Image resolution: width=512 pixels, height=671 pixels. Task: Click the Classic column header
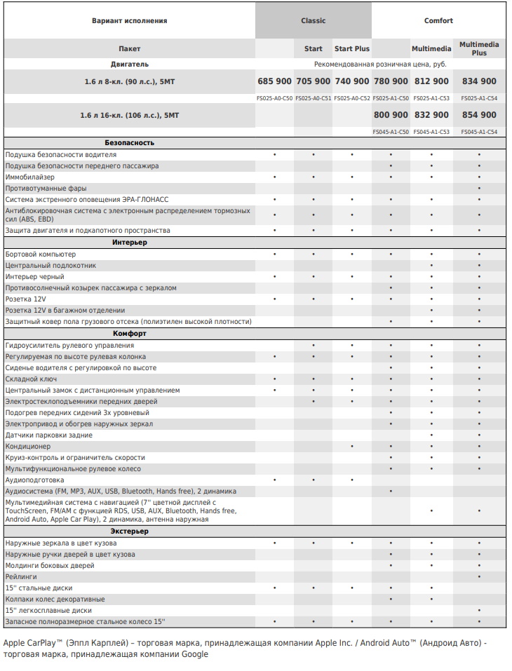pyautogui.click(x=313, y=20)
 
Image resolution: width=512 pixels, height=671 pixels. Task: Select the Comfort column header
pyautogui.click(x=438, y=20)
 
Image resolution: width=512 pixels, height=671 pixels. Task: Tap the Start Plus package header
pyautogui.click(x=352, y=48)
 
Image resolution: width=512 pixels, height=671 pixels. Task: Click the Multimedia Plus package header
pyautogui.click(x=479, y=48)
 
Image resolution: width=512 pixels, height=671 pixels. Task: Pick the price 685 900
pyautogui.click(x=274, y=81)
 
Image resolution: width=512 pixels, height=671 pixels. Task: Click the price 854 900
pyautogui.click(x=479, y=114)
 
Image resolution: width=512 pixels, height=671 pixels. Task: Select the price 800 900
pyautogui.click(x=391, y=114)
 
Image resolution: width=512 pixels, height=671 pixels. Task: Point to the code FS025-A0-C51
pyautogui.click(x=313, y=98)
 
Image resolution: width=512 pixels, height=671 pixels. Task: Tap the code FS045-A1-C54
pyautogui.click(x=479, y=132)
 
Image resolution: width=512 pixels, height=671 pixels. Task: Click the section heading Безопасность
pyautogui.click(x=130, y=143)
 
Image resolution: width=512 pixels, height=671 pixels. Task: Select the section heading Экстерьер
pyautogui.click(x=130, y=531)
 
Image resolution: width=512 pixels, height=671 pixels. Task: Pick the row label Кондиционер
pyautogui.click(x=28, y=447)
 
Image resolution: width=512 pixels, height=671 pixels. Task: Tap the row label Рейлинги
pyautogui.click(x=21, y=577)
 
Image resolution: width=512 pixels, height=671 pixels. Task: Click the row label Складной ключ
pyautogui.click(x=32, y=379)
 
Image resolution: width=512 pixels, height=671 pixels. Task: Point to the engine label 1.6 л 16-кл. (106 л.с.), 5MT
pyautogui.click(x=130, y=114)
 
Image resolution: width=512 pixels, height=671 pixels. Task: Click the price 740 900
pyautogui.click(x=352, y=81)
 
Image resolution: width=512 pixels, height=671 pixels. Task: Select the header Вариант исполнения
pyautogui.click(x=130, y=20)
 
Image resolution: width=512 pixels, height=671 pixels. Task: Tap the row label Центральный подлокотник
pyautogui.click(x=50, y=266)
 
